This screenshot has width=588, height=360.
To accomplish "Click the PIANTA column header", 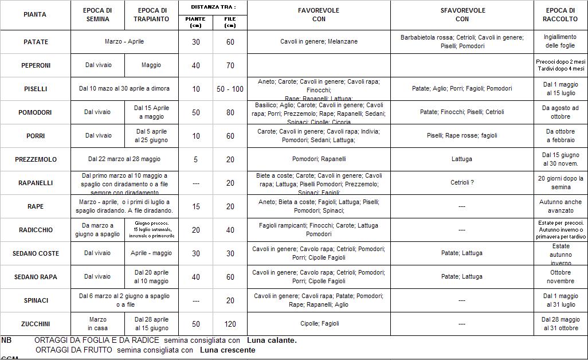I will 35,15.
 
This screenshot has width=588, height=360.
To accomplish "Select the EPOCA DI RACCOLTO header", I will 560,15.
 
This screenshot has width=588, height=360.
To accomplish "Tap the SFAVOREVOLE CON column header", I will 462,15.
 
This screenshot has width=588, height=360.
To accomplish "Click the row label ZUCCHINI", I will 35,324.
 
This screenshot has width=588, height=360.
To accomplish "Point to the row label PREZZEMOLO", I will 35,159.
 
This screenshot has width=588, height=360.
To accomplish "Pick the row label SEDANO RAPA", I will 35,277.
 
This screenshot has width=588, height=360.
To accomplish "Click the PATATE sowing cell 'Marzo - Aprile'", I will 124,42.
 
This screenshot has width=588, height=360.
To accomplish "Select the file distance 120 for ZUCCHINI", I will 230,324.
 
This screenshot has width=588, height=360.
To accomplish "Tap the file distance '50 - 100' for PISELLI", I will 230,89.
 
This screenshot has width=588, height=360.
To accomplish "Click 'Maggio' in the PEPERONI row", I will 151,65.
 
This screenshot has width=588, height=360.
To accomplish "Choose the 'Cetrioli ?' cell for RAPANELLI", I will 462,183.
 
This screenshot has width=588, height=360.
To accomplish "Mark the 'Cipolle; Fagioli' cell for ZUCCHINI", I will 319,324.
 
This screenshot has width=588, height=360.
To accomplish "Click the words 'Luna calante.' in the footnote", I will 272,341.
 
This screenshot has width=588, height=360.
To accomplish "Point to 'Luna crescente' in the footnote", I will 228,350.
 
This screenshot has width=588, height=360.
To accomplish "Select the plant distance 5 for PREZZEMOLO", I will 195,159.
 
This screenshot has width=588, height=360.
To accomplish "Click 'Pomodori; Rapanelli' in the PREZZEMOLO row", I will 319,159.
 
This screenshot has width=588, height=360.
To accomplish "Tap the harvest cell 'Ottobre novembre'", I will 560,277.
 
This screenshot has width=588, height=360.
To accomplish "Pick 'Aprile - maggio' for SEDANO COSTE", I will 151,253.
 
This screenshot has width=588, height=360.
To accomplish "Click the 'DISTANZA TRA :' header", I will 213,7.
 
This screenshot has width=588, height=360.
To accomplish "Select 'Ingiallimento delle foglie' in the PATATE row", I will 560,42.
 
